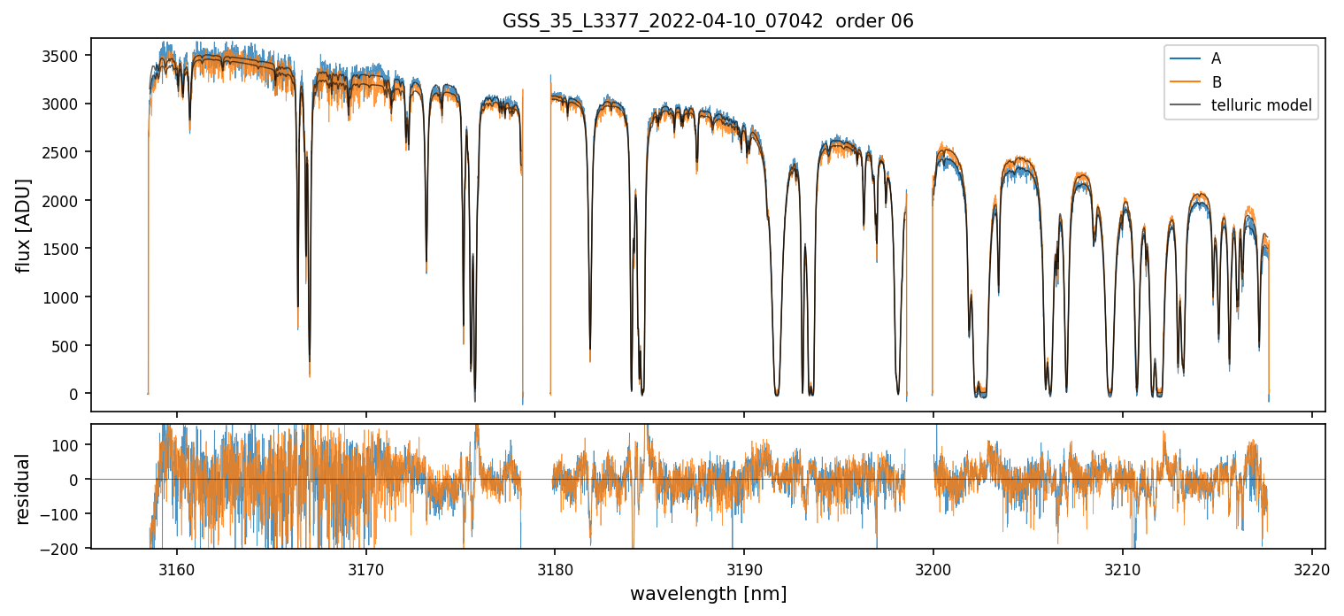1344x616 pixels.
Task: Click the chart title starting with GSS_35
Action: [x=707, y=21]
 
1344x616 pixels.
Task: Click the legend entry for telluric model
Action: [x=1261, y=106]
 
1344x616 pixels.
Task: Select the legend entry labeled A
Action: [x=1216, y=58]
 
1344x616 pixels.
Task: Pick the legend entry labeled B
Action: [x=1216, y=82]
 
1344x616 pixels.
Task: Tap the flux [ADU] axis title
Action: [x=25, y=225]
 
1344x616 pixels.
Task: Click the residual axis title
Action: [x=25, y=488]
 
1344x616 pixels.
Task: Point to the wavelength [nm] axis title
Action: [x=707, y=593]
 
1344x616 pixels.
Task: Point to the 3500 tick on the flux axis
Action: [x=65, y=56]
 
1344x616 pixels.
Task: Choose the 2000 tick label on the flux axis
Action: [x=65, y=201]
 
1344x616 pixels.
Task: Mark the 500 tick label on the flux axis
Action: [x=71, y=345]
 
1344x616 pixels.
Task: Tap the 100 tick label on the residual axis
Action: [x=71, y=444]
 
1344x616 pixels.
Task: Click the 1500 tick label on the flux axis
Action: [x=65, y=249]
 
